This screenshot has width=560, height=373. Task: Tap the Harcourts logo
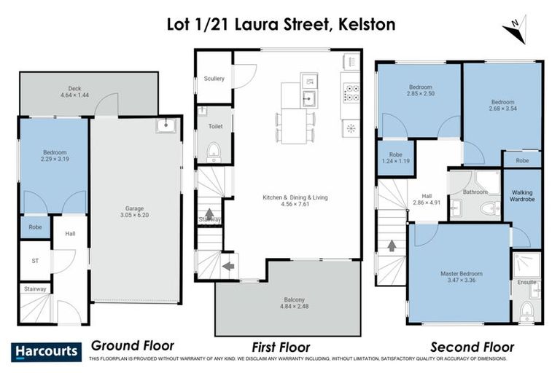click(45, 352)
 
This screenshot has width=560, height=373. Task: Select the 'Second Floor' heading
click(472, 348)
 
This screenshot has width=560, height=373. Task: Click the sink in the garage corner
click(167, 127)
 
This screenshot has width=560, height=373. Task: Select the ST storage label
click(34, 261)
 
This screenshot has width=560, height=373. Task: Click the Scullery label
click(214, 79)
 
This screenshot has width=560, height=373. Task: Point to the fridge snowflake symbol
click(350, 128)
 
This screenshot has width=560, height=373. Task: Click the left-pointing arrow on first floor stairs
click(228, 266)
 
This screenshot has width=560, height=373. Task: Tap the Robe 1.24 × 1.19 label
click(396, 157)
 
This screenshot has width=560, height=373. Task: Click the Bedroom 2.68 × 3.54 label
click(502, 105)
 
